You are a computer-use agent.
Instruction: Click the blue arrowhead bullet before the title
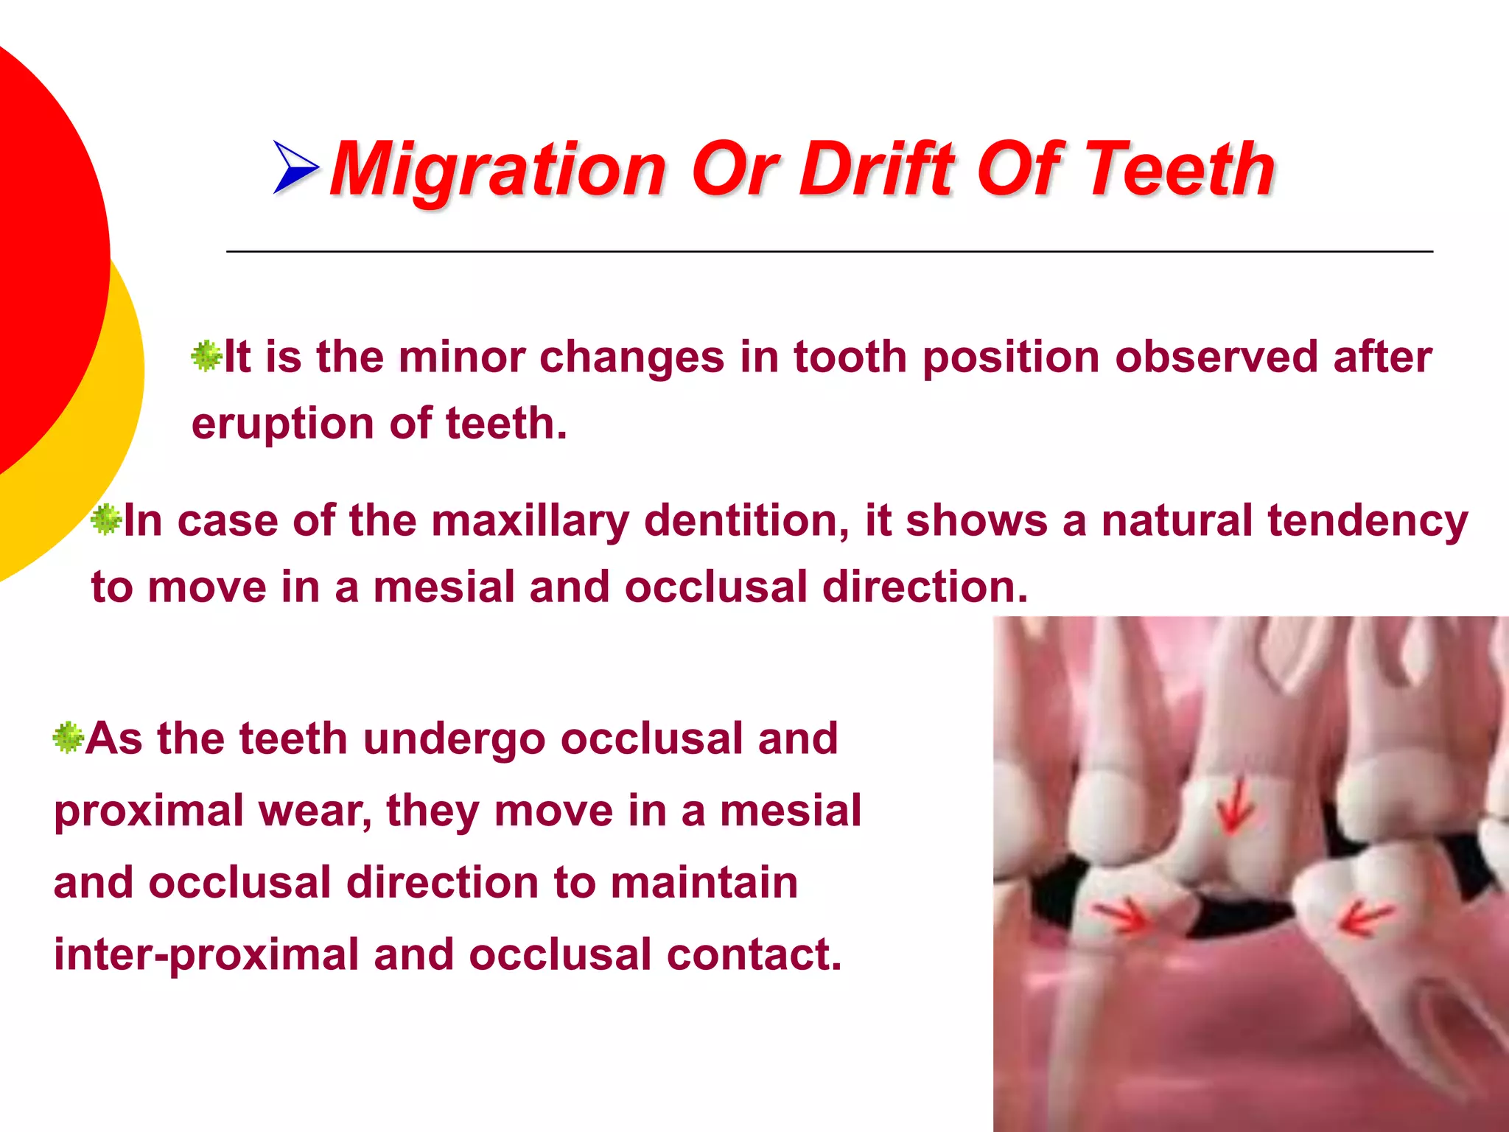295,167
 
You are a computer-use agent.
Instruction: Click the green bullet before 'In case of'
106,520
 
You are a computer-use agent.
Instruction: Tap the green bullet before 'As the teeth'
69,737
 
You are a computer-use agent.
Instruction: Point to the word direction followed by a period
924,587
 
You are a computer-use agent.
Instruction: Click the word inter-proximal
206,954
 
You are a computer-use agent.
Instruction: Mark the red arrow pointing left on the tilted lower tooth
1363,918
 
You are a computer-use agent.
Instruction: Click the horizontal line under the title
829,252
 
